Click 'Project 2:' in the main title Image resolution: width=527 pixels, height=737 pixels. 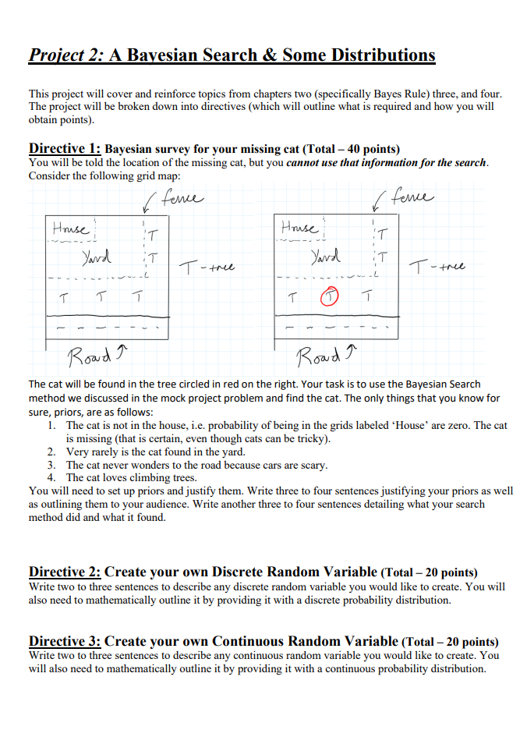65,55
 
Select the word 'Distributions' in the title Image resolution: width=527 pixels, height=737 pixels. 383,55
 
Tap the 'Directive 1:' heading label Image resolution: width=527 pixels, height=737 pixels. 65,148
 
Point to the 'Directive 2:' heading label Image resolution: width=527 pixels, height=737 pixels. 65,572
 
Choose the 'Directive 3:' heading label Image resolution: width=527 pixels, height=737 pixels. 65,641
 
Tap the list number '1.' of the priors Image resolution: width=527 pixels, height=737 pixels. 51,426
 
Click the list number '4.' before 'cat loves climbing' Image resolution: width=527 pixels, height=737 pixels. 51,477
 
